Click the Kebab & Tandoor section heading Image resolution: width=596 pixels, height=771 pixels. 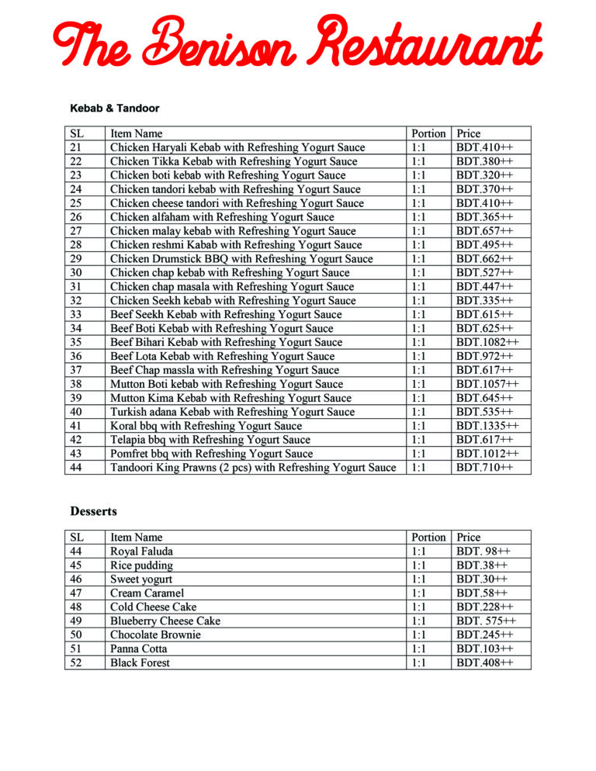[114, 108]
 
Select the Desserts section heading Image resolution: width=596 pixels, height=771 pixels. [93, 511]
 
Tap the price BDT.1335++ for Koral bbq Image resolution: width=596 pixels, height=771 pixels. [487, 426]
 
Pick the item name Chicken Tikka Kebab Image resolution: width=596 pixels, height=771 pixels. [234, 161]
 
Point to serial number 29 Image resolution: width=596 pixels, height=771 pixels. [76, 259]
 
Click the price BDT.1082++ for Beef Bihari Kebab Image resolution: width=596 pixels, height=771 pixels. [487, 342]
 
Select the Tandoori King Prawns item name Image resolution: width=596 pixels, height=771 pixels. [253, 468]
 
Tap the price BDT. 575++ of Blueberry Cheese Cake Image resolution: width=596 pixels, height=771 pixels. [487, 621]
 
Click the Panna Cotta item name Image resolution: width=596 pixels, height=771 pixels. [138, 649]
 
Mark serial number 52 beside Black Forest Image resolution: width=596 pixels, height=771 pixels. [76, 663]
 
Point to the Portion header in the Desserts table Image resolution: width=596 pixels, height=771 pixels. [428, 538]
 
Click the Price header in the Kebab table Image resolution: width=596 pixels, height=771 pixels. [469, 133]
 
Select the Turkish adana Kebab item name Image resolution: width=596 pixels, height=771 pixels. [232, 412]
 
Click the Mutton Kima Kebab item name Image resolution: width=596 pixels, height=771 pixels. [230, 398]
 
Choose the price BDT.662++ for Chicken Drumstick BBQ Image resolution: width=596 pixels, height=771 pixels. [484, 259]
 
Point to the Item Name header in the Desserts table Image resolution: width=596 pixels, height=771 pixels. [137, 538]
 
